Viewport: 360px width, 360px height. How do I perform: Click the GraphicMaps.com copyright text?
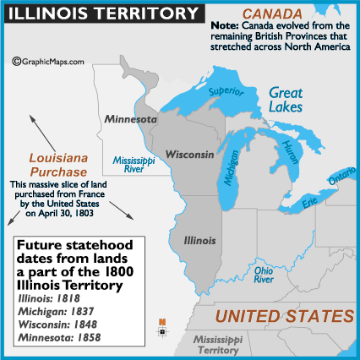click(x=48, y=61)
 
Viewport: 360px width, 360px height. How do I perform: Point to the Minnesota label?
click(x=130, y=120)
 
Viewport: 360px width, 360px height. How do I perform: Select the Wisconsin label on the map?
click(x=190, y=156)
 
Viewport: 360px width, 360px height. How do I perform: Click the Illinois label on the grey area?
click(x=199, y=240)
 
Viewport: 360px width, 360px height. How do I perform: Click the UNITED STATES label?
click(x=283, y=317)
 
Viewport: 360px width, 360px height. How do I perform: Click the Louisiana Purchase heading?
click(x=53, y=164)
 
